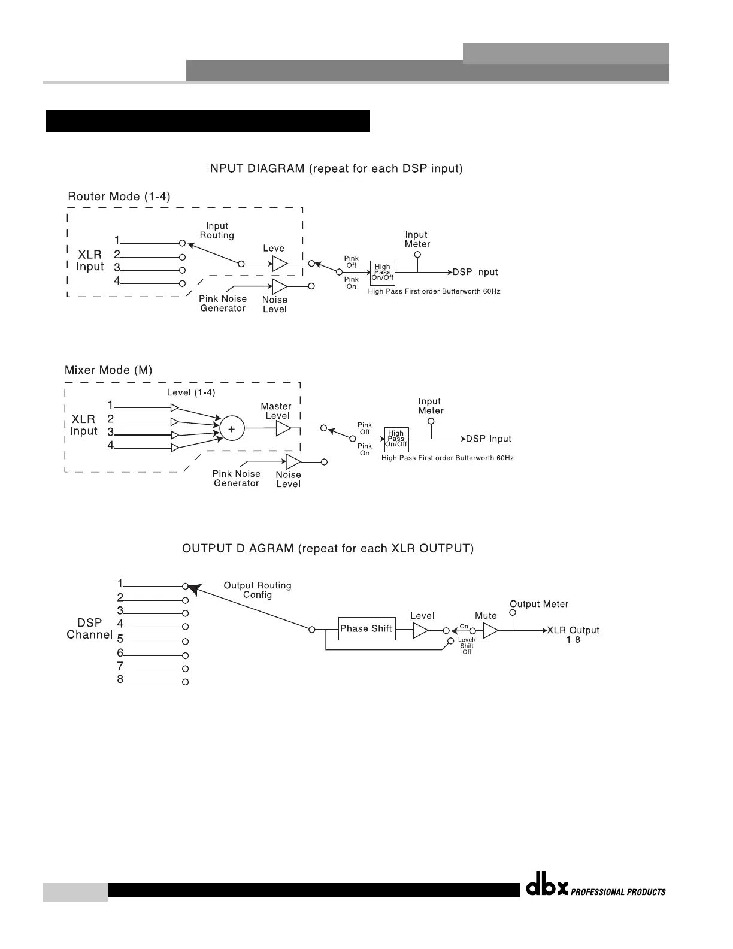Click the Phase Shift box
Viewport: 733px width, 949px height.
coord(366,628)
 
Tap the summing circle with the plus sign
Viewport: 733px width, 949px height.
coord(232,428)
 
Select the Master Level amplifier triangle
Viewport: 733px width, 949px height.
coord(283,428)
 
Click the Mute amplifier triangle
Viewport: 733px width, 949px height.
coord(490,631)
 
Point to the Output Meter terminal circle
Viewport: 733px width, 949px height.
coord(513,613)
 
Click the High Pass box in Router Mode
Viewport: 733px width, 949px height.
coord(382,273)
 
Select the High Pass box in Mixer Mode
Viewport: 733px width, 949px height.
coord(396,439)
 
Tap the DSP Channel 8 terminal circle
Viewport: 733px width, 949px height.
coord(186,682)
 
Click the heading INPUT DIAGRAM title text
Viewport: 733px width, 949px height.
coord(334,168)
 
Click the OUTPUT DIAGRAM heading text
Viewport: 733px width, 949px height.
coord(328,548)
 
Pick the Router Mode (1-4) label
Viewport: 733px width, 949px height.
coord(119,197)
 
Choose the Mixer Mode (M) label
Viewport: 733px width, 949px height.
coord(108,370)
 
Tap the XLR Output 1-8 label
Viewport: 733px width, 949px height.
coord(573,635)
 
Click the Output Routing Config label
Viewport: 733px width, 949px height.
coord(258,590)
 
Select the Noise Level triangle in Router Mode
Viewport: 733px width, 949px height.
coord(279,286)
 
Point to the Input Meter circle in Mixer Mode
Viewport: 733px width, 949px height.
coord(431,421)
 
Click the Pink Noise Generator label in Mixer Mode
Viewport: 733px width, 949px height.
coord(236,478)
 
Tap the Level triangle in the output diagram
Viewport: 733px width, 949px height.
coord(420,631)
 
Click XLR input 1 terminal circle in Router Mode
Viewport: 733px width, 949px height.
coord(183,243)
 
